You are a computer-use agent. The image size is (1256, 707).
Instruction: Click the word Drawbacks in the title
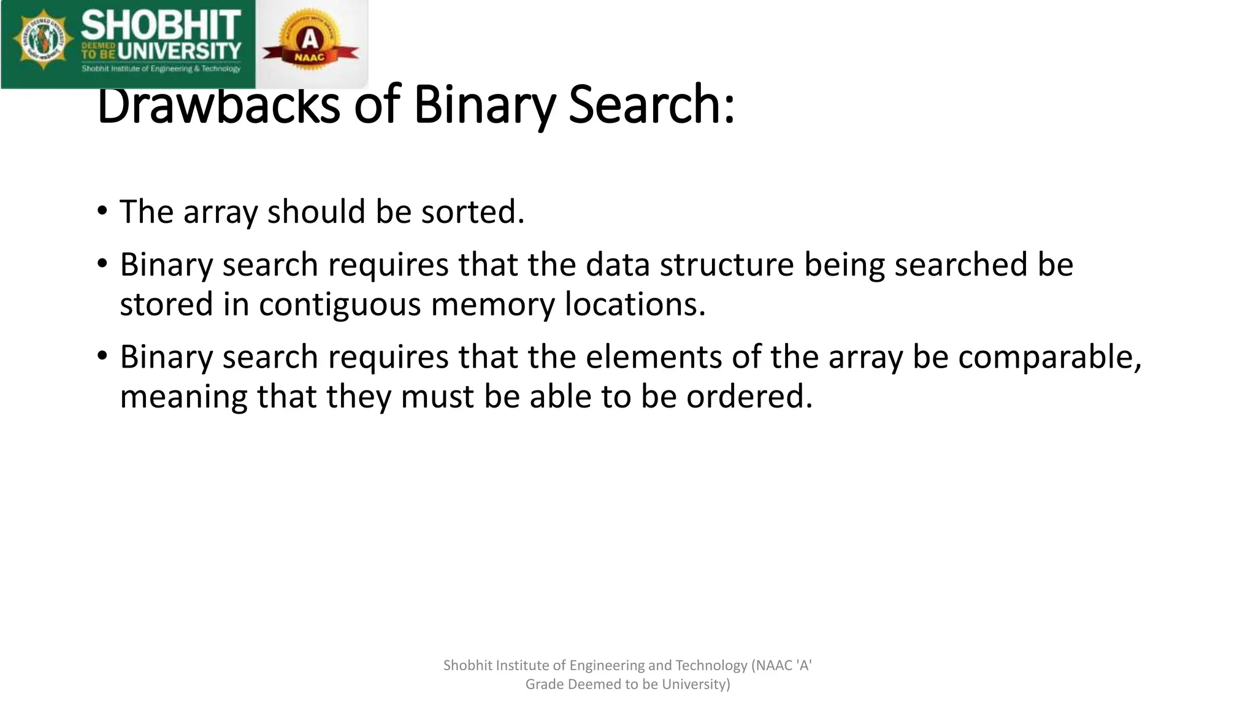pyautogui.click(x=218, y=105)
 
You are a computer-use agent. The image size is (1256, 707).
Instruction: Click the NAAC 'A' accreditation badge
pyautogui.click(x=310, y=43)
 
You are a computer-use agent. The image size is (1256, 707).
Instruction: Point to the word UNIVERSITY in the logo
pyautogui.click(x=179, y=52)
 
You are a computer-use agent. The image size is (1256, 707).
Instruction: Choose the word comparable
pyautogui.click(x=1049, y=357)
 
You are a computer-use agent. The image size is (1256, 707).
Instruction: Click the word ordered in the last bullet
pyautogui.click(x=749, y=396)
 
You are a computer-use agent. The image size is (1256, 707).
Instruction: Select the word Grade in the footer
pyautogui.click(x=544, y=684)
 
